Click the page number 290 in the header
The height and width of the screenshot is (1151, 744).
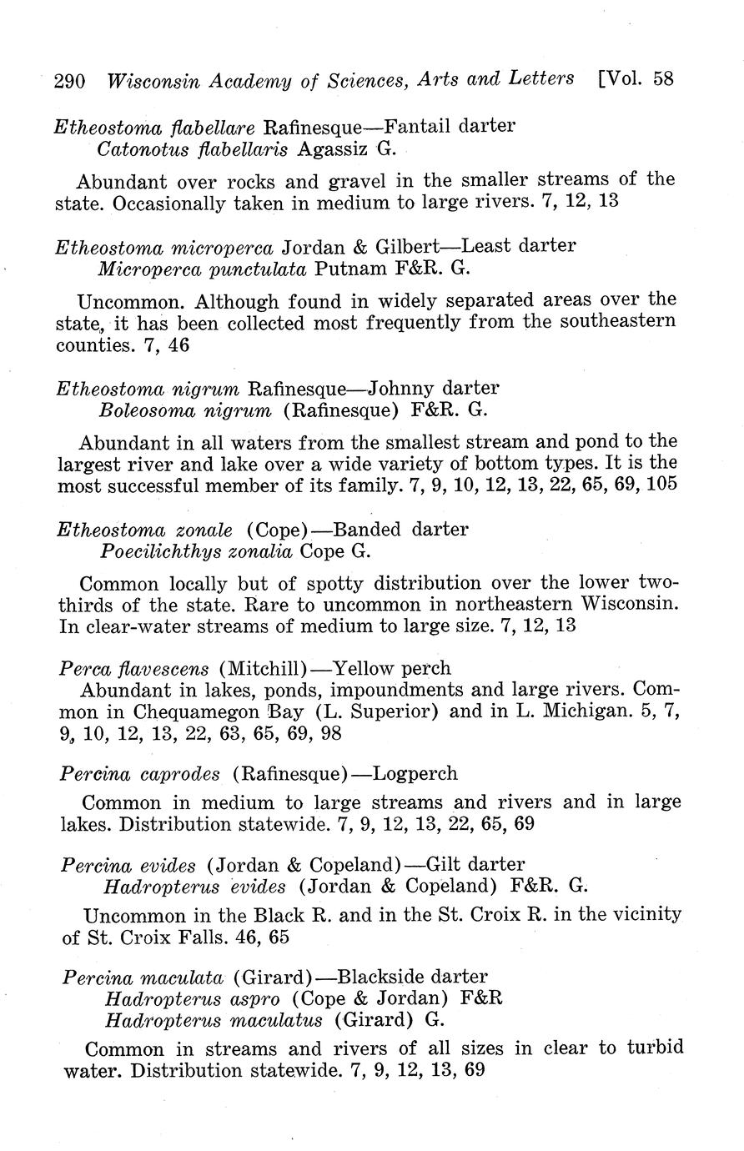[x=69, y=81]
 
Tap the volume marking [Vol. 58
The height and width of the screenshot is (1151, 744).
[x=636, y=79]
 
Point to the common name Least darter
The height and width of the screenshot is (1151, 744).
[x=518, y=247]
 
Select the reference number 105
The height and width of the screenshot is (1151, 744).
[x=660, y=485]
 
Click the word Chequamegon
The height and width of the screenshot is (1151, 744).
[x=188, y=712]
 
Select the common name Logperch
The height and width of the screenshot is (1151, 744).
[x=415, y=774]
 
